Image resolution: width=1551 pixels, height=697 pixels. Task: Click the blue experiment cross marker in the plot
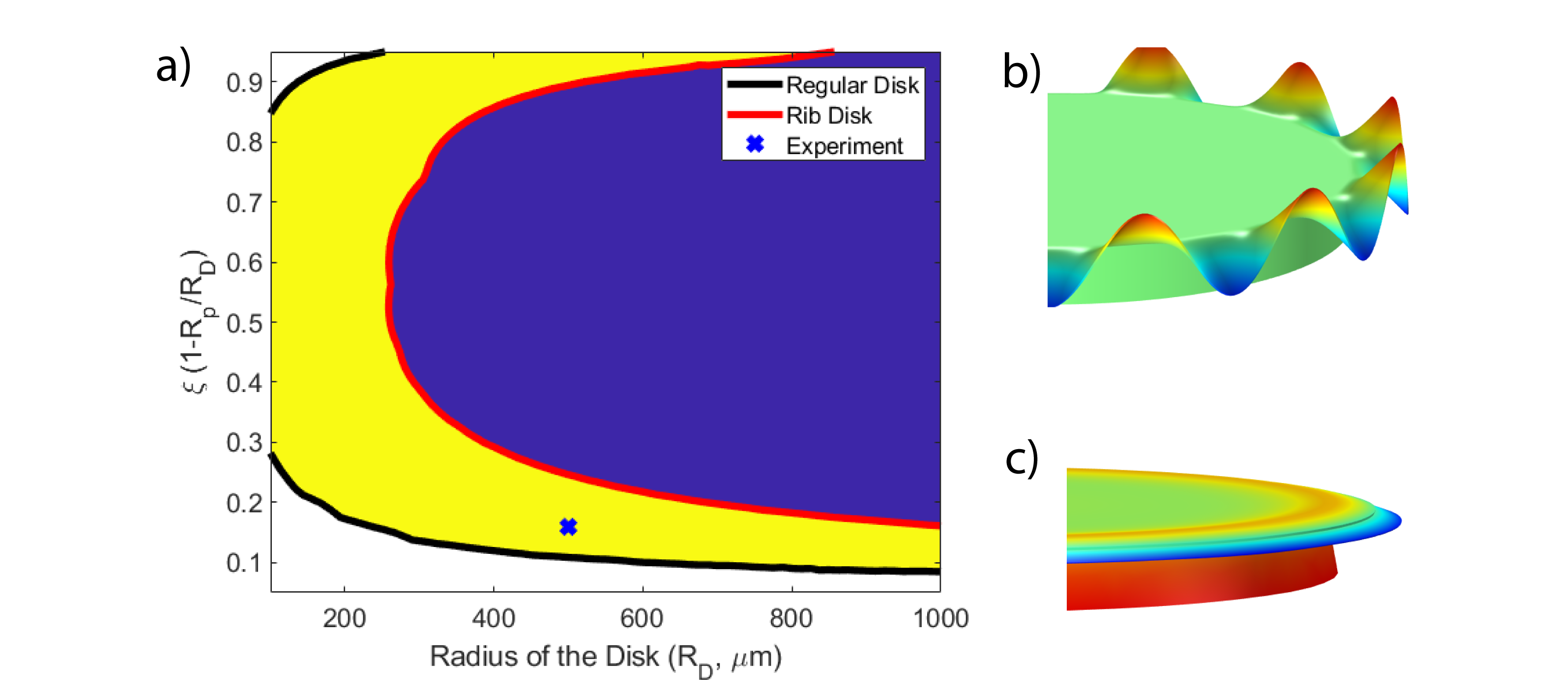568,527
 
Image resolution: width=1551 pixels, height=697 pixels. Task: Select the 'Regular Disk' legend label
852,85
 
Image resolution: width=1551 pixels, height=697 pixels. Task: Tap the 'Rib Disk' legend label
829,115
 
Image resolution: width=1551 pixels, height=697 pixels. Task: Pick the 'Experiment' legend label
845,146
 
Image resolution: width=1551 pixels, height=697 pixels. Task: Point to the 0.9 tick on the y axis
244,83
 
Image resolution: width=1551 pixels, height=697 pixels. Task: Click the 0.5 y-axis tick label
244,324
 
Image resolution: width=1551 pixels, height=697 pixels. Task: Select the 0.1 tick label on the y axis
244,563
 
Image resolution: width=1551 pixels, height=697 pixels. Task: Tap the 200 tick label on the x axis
345,619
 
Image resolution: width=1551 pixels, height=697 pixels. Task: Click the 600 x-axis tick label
643,619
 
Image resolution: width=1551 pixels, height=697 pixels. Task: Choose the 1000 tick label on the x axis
940,619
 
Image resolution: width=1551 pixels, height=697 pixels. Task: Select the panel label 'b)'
1022,71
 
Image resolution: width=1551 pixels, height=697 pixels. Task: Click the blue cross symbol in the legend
755,145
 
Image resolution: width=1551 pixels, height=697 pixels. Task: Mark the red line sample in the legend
755,115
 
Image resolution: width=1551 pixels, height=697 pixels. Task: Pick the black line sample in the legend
755,84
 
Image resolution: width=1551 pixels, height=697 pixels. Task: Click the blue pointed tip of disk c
1401,521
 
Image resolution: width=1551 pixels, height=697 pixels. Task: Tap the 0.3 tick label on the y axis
244,443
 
